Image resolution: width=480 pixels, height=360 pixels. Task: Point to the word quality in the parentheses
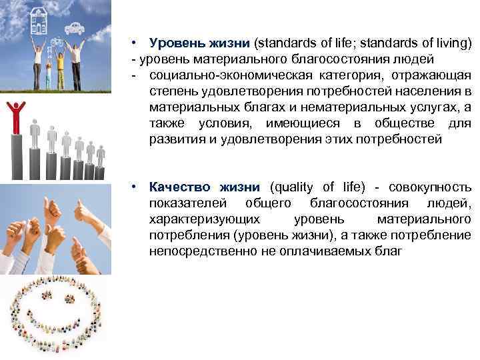coord(293,187)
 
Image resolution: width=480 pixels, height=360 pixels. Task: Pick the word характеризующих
coord(205,219)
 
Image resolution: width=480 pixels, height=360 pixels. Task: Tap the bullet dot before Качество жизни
coord(135,187)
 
